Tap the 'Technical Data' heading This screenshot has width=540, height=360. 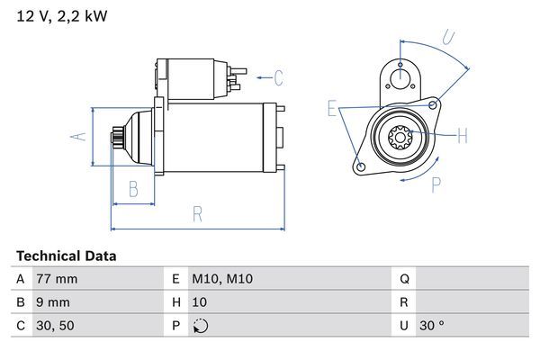pyautogui.click(x=66, y=256)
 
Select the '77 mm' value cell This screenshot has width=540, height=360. pyautogui.click(x=56, y=279)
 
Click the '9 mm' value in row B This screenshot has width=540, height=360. pyautogui.click(x=51, y=302)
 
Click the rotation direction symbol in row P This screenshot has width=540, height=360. pyautogui.click(x=200, y=326)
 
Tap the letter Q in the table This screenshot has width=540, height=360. pyautogui.click(x=405, y=279)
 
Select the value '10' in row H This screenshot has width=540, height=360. pyautogui.click(x=201, y=302)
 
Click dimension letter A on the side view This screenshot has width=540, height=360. pyautogui.click(x=77, y=136)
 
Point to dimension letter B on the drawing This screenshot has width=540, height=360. pyautogui.click(x=133, y=188)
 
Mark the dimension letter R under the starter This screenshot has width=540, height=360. pyautogui.click(x=196, y=214)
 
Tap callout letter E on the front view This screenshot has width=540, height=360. pyautogui.click(x=332, y=110)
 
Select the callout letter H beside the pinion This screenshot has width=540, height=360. pyautogui.click(x=463, y=137)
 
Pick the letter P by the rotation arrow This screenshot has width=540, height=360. pyautogui.click(x=436, y=186)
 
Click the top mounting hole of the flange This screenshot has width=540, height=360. pyautogui.click(x=397, y=71)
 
